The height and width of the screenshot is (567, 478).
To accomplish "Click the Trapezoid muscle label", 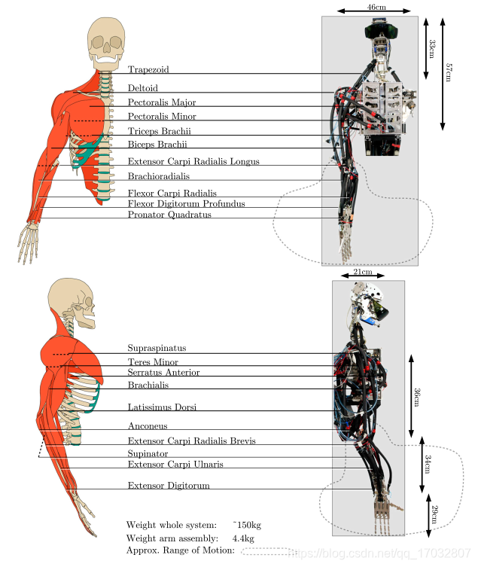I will pyautogui.click(x=148, y=70).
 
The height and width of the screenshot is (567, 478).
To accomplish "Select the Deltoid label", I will pyautogui.click(x=143, y=88).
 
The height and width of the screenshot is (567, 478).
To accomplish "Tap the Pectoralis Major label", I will pyautogui.click(x=162, y=102).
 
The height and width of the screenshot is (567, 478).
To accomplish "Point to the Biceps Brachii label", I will pyautogui.click(x=157, y=144).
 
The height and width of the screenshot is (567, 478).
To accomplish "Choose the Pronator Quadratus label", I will pyautogui.click(x=169, y=215).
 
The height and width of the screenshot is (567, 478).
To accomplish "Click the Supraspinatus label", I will pyautogui.click(x=157, y=349).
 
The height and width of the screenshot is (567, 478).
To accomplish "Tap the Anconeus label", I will pyautogui.click(x=147, y=426).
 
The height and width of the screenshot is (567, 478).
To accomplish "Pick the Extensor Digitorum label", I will pyautogui.click(x=169, y=486).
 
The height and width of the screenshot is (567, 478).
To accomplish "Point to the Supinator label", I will pyautogui.click(x=148, y=454).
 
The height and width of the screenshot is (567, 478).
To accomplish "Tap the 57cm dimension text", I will pyautogui.click(x=449, y=73).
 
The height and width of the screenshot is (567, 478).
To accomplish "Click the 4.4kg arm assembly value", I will pyautogui.click(x=242, y=538).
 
